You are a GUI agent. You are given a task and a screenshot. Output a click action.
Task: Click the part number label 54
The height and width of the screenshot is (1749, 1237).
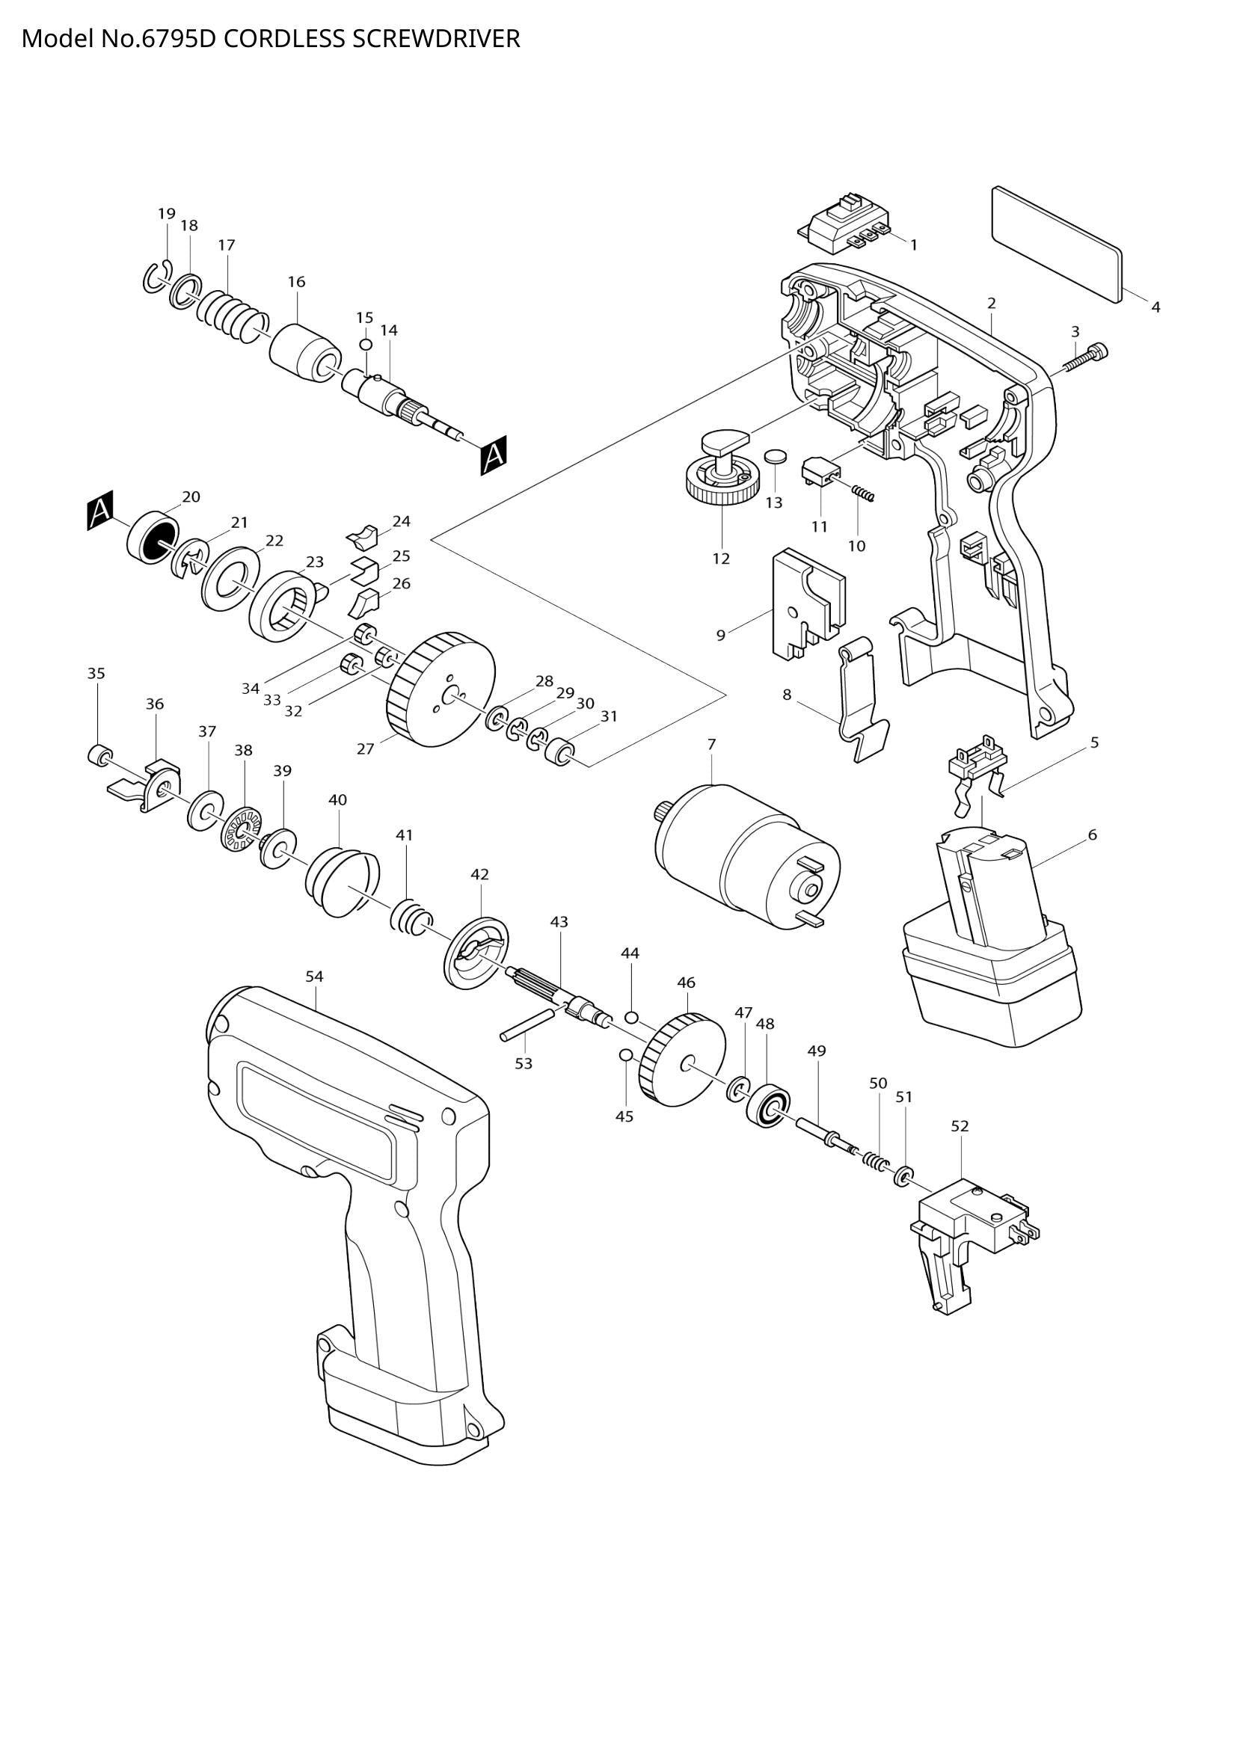315,976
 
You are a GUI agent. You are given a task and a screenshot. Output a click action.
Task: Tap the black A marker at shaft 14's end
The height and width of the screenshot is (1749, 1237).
494,455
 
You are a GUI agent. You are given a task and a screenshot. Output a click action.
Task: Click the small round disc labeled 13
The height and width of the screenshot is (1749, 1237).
775,457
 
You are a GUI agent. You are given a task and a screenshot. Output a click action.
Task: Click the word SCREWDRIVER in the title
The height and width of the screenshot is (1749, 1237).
437,39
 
